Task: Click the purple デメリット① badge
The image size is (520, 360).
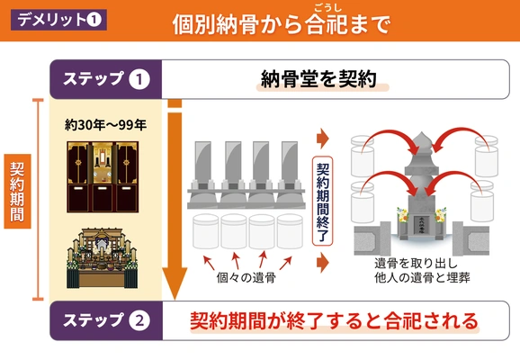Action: (x=58, y=20)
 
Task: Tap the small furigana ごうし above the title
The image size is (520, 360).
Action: (x=327, y=7)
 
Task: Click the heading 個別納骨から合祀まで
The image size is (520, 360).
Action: (x=282, y=24)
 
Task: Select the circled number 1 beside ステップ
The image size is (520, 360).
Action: (x=139, y=79)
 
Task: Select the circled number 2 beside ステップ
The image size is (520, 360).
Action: (x=139, y=320)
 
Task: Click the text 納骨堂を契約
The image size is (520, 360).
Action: (x=318, y=79)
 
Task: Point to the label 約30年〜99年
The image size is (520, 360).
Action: (x=105, y=125)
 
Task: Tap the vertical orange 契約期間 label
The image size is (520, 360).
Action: (x=17, y=192)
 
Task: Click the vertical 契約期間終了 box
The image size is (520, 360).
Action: (x=322, y=201)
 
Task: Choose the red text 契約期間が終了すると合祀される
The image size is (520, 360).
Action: (x=334, y=320)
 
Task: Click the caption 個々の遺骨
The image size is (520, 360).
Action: (x=247, y=277)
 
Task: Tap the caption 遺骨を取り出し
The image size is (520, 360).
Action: (x=416, y=264)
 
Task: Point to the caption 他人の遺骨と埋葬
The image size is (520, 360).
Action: (x=422, y=277)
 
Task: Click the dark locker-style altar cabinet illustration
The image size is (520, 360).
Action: (x=103, y=176)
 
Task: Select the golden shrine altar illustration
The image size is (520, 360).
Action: (x=103, y=258)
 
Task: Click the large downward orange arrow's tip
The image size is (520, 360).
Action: (x=175, y=299)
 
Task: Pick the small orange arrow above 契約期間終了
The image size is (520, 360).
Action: (x=323, y=139)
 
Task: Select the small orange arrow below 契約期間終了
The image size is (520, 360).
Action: (x=323, y=263)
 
